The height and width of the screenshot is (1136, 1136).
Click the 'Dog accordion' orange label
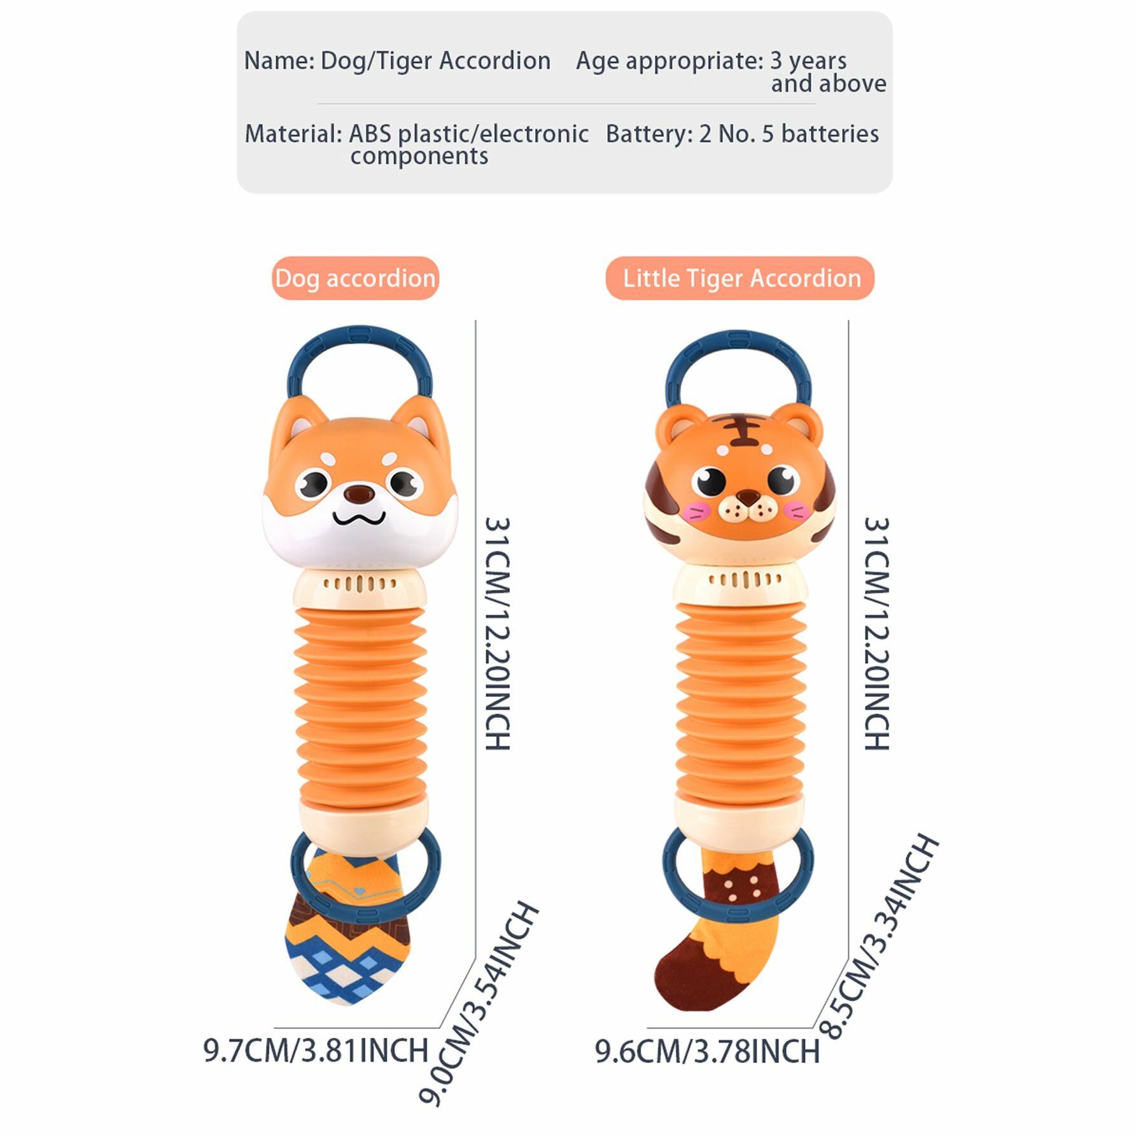355,278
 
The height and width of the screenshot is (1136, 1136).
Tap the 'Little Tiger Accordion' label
740,278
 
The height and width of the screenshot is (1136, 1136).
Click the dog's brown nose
360,492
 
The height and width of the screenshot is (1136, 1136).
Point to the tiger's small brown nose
749,496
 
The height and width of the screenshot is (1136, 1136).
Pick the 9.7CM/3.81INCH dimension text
316,1051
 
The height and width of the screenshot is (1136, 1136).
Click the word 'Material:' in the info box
293,134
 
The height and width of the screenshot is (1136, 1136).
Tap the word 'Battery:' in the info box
649,134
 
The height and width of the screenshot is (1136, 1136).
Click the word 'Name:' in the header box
279,61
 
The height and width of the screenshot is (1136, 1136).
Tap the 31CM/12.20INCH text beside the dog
498,633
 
